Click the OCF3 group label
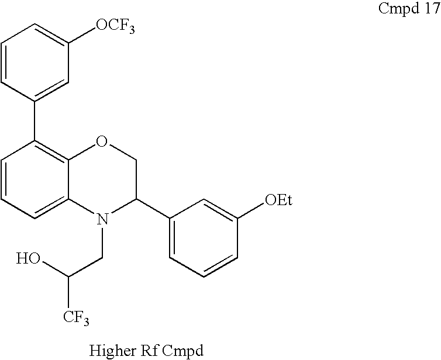click(x=115, y=26)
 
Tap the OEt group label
click(x=278, y=201)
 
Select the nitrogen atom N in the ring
click(x=102, y=219)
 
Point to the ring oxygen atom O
click(x=102, y=141)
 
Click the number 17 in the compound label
click(x=425, y=11)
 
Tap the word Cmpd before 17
click(x=395, y=11)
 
